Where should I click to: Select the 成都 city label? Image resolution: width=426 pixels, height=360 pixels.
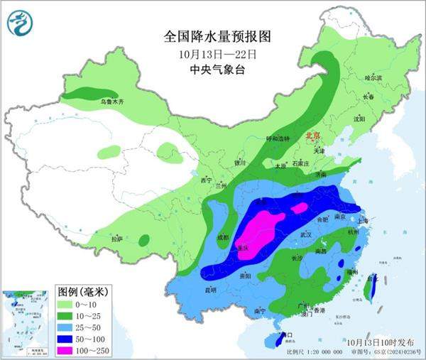(x=222, y=237)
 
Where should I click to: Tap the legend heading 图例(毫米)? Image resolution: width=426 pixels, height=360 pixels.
(x=81, y=291)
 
